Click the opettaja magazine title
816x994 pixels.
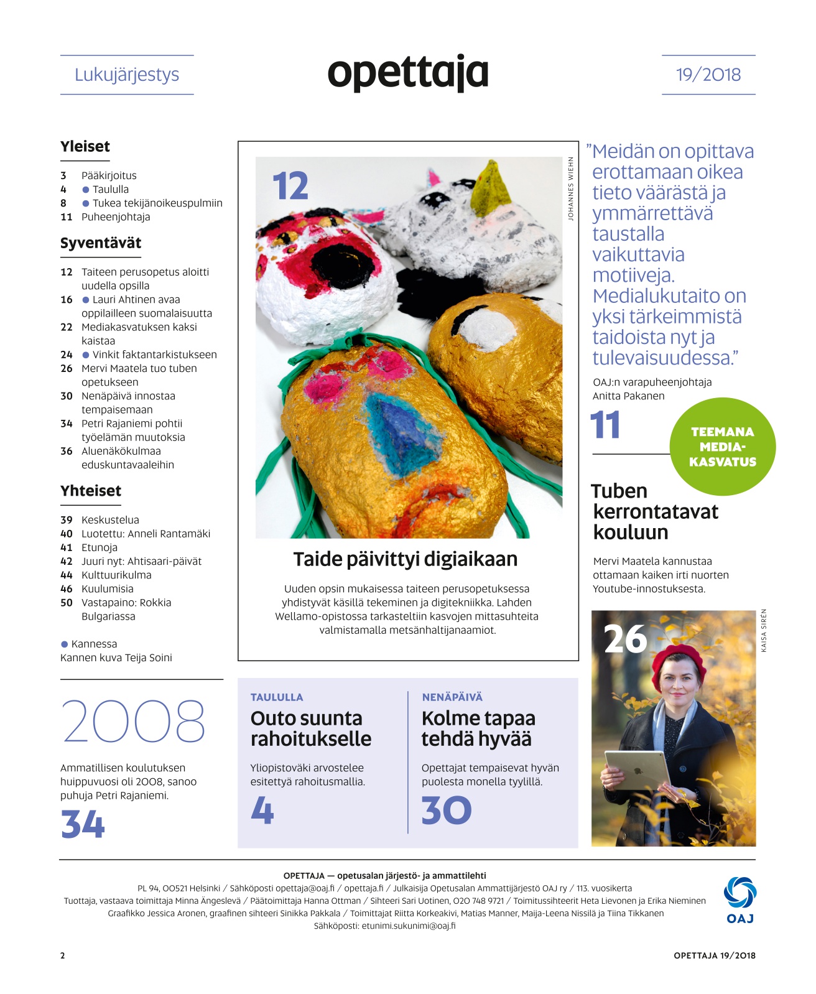pyautogui.click(x=407, y=73)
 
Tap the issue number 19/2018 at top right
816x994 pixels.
pyautogui.click(x=708, y=75)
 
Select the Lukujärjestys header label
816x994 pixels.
pyautogui.click(x=127, y=75)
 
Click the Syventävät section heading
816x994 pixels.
pyautogui.click(x=101, y=243)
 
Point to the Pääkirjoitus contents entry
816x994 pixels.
pyautogui.click(x=109, y=175)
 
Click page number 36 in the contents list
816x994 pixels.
pyautogui.click(x=67, y=451)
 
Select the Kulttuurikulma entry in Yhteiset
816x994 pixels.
pyautogui.click(x=116, y=575)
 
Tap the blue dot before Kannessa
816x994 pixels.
pyautogui.click(x=64, y=644)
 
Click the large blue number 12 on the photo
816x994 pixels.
pyautogui.click(x=290, y=186)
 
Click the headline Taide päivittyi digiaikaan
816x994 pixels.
pyautogui.click(x=405, y=559)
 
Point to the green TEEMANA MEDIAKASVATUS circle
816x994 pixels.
pyautogui.click(x=722, y=447)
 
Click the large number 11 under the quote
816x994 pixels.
pyautogui.click(x=605, y=425)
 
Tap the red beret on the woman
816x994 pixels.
pyautogui.click(x=678, y=662)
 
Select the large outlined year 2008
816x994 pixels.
pyautogui.click(x=133, y=722)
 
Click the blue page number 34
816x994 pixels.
pyautogui.click(x=83, y=824)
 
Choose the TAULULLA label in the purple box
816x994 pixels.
pyautogui.click(x=277, y=697)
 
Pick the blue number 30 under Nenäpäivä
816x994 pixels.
pyautogui.click(x=446, y=811)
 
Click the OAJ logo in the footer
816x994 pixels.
pyautogui.click(x=739, y=899)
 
